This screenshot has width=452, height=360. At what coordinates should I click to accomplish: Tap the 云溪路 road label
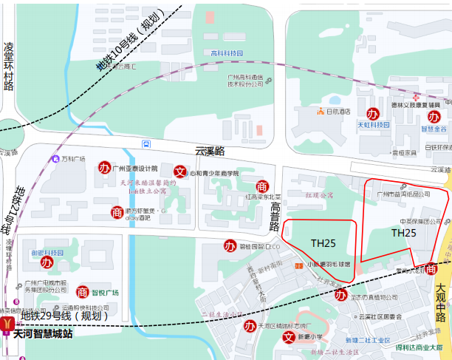[x=209, y=150]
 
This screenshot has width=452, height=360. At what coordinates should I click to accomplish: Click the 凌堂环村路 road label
[x=9, y=67]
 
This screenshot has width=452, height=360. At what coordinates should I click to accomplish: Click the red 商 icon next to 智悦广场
[x=83, y=292]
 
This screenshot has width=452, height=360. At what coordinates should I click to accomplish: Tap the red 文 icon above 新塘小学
[x=290, y=338]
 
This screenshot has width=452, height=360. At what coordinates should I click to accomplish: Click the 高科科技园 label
[x=227, y=53]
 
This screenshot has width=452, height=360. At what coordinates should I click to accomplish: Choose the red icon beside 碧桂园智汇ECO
[x=230, y=245]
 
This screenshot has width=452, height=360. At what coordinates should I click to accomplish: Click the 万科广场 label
[x=73, y=159]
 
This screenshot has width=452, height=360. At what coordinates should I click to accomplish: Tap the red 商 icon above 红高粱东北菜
[x=261, y=186]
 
